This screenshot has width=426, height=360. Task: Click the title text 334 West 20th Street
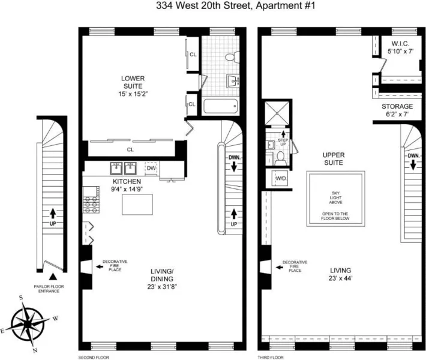(212, 7)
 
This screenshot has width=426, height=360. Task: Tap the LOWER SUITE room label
(133, 86)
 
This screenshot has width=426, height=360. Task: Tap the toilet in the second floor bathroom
(230, 56)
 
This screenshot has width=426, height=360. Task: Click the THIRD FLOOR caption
(271, 356)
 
